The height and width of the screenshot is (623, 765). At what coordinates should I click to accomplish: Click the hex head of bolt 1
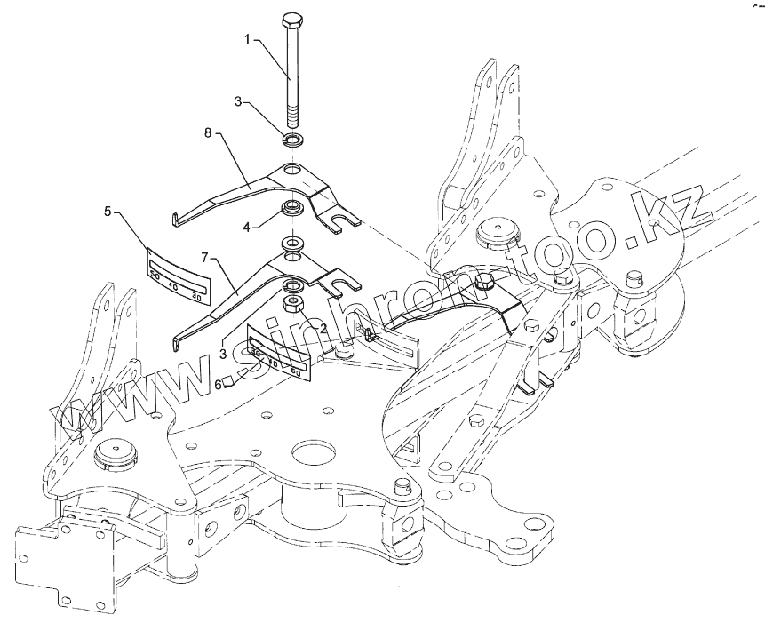pos(293,20)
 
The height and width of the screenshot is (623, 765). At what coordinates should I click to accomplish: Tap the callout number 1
pos(249,40)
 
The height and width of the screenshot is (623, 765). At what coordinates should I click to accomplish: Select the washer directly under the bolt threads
pos(292,140)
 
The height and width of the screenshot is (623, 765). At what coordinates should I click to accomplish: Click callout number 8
pos(207,133)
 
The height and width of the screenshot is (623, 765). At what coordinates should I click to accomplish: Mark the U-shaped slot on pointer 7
pos(342,284)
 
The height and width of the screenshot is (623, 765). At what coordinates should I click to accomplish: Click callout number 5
pos(108,212)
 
